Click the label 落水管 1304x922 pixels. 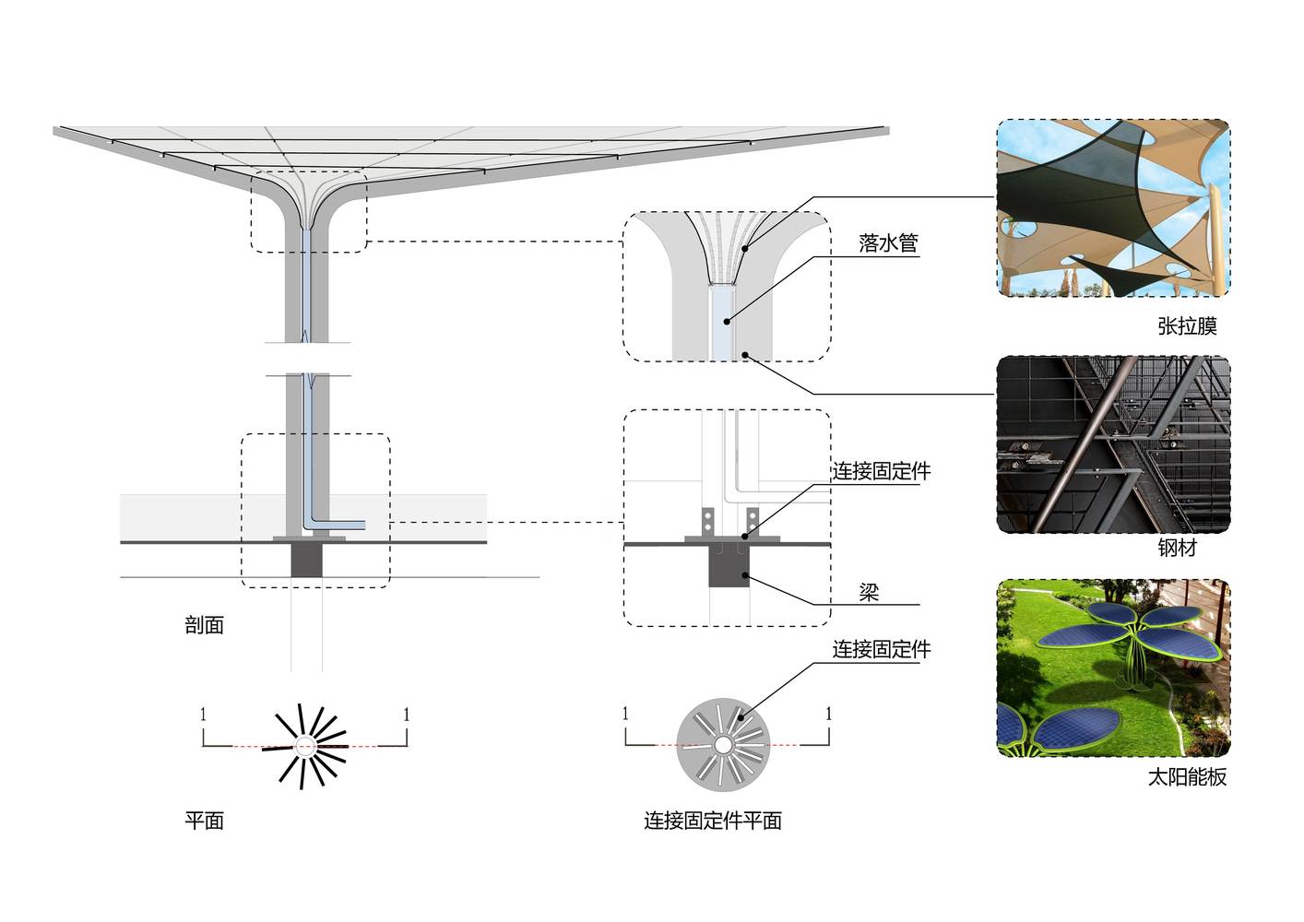pyautogui.click(x=888, y=242)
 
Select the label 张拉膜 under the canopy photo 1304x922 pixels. pyautogui.click(x=1187, y=326)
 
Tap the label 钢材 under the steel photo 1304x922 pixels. pyautogui.click(x=1177, y=548)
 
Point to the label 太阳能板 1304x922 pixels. pyautogui.click(x=1187, y=777)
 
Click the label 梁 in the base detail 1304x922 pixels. pyautogui.click(x=869, y=592)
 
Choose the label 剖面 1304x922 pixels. pyautogui.click(x=205, y=625)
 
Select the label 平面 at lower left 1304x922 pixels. pyautogui.click(x=205, y=821)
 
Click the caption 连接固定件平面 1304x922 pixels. pyautogui.click(x=713, y=821)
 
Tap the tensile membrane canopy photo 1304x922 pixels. pyautogui.click(x=1113, y=207)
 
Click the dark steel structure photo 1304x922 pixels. pyautogui.click(x=1113, y=444)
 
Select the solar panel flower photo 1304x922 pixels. pyautogui.click(x=1113, y=668)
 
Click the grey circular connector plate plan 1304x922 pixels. pyautogui.click(x=723, y=745)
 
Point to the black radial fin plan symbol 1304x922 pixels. pyautogui.click(x=304, y=746)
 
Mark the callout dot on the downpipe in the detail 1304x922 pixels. pyautogui.click(x=727, y=321)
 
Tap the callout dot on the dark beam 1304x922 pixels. pyautogui.click(x=745, y=575)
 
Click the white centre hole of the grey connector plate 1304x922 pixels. pyautogui.click(x=723, y=745)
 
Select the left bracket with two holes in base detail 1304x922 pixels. pyautogui.click(x=708, y=522)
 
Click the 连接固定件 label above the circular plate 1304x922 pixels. pyautogui.click(x=882, y=649)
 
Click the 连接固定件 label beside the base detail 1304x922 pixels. pyautogui.click(x=882, y=471)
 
